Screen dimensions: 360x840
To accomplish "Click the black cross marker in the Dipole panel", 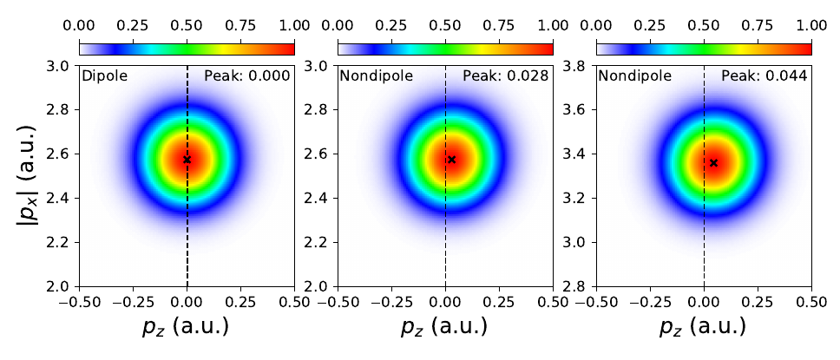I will (x=187, y=159).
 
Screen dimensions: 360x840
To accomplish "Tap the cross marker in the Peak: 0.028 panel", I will (x=451, y=159).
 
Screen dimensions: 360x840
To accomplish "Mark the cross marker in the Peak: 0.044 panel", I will (x=713, y=162).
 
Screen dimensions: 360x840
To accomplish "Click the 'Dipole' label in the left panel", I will (x=104, y=76).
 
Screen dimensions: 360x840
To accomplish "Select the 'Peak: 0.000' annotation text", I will (x=246, y=76).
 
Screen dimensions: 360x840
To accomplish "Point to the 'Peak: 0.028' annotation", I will (x=505, y=76).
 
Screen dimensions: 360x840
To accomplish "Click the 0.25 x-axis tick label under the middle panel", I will (x=500, y=304).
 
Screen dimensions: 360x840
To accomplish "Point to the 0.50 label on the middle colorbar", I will (x=445, y=26).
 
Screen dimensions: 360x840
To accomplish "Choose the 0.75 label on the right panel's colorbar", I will (x=758, y=26).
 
